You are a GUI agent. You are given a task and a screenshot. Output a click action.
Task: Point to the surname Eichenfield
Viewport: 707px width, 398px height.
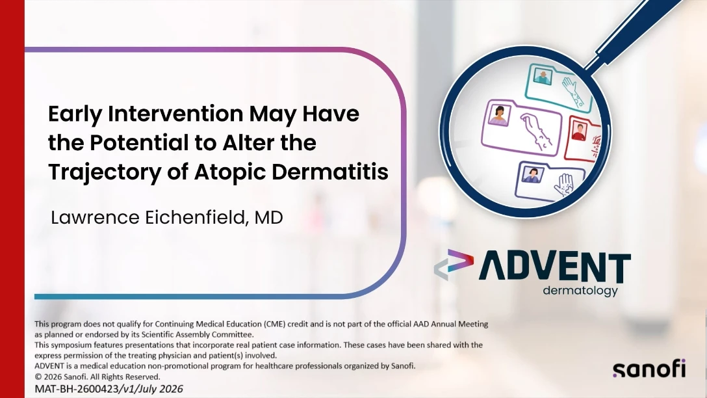196,217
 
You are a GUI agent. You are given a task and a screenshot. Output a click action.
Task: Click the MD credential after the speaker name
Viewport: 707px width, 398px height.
269,217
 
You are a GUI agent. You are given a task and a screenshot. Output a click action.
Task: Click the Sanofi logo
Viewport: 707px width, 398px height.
649,369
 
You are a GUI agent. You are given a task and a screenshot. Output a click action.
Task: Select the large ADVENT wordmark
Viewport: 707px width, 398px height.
554,267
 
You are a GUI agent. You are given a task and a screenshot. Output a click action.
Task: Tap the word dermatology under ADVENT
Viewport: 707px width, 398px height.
580,291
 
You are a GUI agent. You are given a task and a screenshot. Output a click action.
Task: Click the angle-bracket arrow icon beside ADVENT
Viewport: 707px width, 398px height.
454,265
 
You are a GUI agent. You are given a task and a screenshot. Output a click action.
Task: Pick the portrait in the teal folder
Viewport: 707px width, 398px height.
543,76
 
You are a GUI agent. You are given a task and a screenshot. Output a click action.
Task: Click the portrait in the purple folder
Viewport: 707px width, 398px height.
499,115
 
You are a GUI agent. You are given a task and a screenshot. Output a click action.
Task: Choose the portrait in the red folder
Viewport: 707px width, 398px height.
579,131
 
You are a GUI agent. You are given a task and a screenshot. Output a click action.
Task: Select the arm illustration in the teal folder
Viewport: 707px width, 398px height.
574,92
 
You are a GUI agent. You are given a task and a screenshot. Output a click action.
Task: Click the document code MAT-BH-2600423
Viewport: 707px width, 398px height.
77,389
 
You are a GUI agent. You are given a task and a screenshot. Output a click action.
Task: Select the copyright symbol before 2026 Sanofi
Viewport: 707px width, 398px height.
38,377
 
